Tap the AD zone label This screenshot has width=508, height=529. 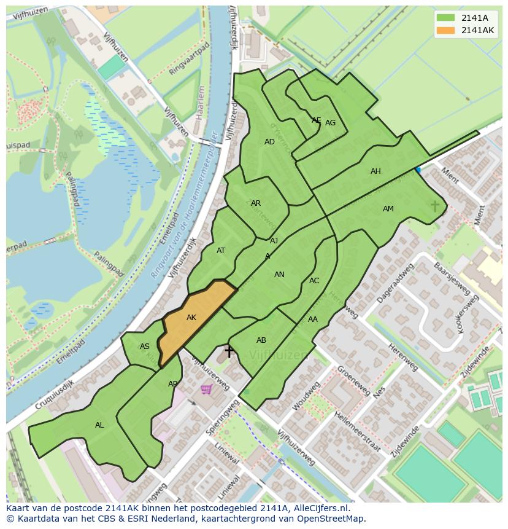(269, 142)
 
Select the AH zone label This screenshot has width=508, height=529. (375, 171)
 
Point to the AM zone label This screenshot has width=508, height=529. (388, 209)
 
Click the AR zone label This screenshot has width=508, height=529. (256, 203)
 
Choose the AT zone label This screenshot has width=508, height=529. (221, 250)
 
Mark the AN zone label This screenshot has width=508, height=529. (279, 275)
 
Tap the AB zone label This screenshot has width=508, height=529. (261, 340)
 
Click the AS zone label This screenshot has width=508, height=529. (145, 347)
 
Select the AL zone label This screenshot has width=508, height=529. (99, 425)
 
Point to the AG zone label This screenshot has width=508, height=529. (330, 123)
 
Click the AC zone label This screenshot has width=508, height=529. (314, 281)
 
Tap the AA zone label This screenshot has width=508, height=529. (313, 319)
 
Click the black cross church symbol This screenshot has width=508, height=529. (229, 351)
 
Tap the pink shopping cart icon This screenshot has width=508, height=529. (207, 389)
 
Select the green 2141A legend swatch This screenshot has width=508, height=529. (445, 18)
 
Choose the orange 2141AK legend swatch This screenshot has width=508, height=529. (445, 30)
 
